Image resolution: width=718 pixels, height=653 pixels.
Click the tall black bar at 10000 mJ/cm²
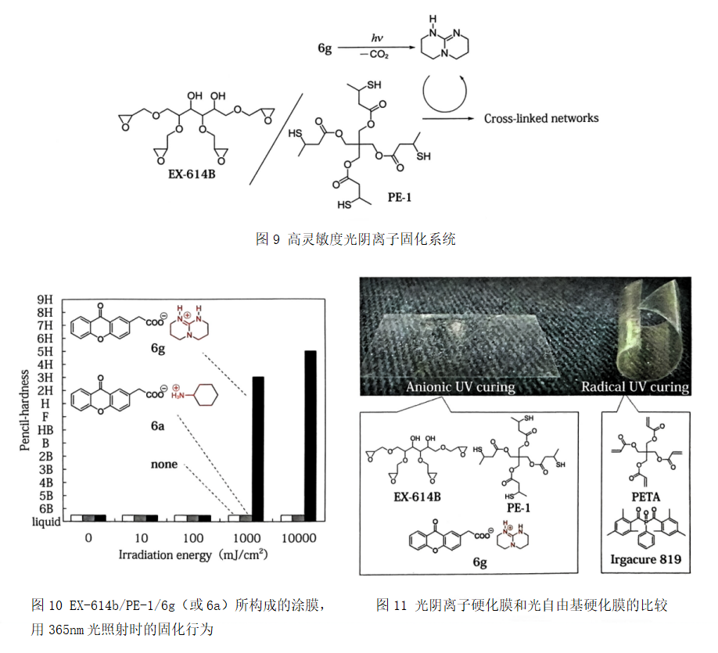point(310,435)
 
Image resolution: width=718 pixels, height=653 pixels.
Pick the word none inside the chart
point(164,465)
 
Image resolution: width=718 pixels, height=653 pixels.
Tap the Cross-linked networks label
point(541,118)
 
